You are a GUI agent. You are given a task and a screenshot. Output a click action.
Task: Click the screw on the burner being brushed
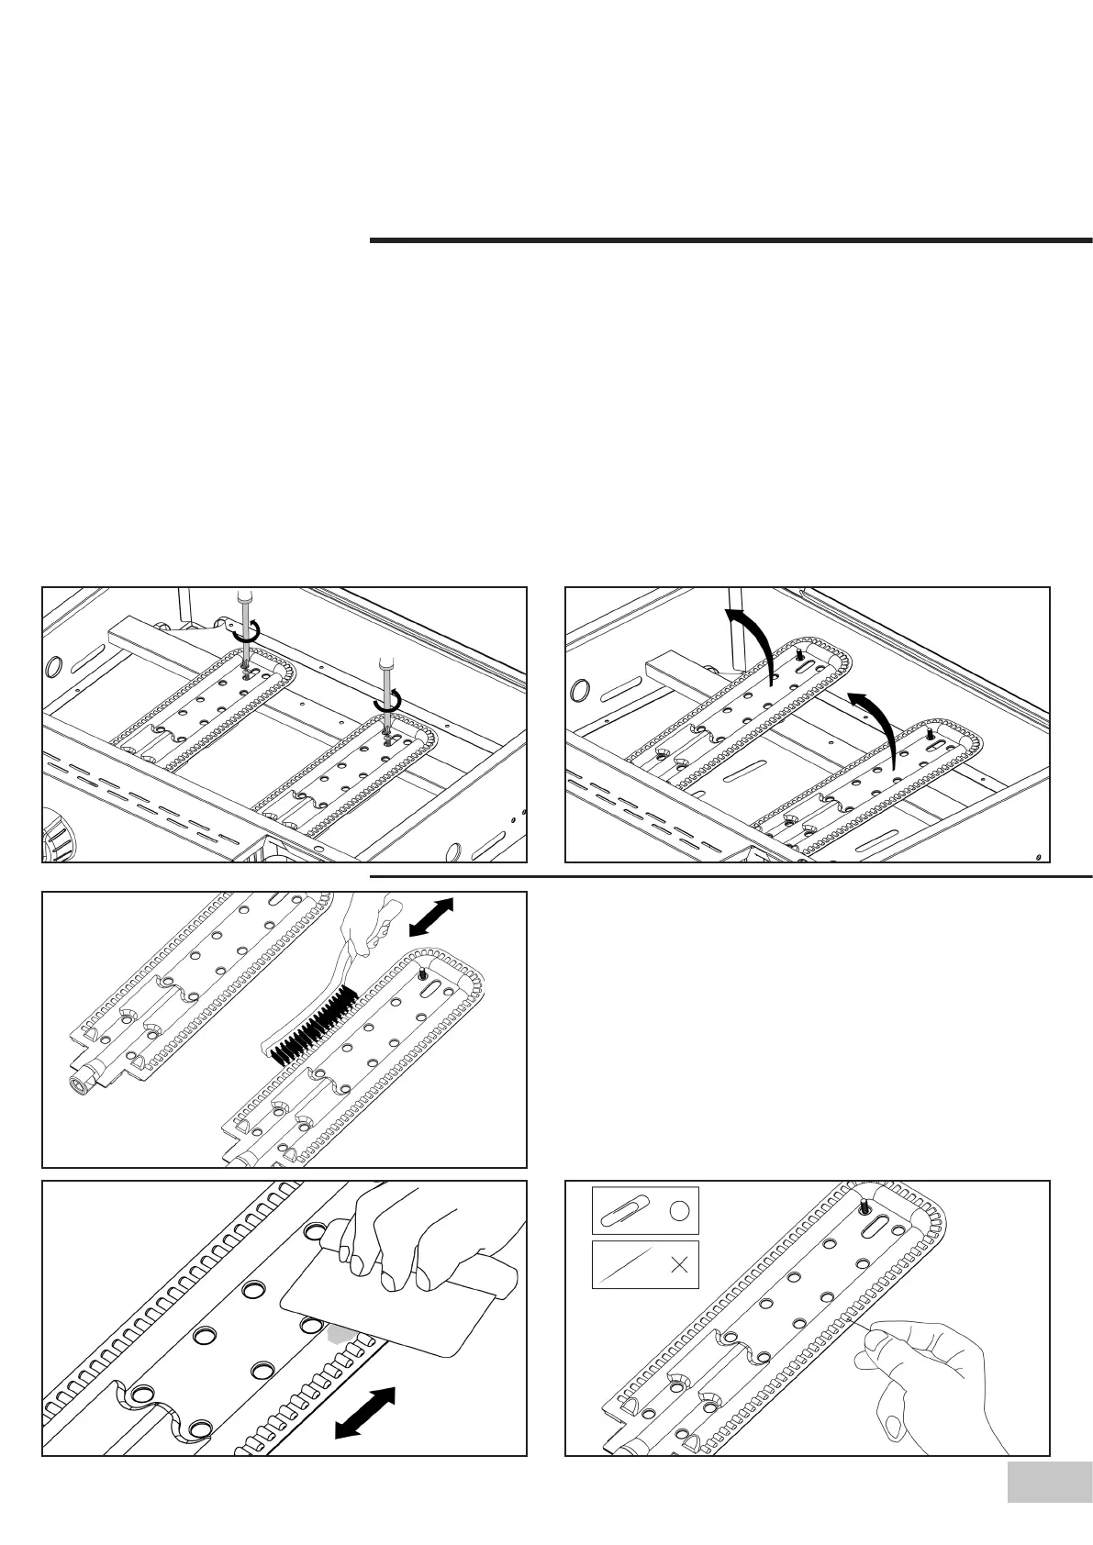(x=421, y=973)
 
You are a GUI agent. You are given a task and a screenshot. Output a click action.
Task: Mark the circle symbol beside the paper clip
(x=677, y=1211)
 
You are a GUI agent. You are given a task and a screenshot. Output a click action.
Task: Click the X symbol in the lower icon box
(x=679, y=1265)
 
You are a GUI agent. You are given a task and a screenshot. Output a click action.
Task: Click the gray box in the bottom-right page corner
(x=1043, y=1482)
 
